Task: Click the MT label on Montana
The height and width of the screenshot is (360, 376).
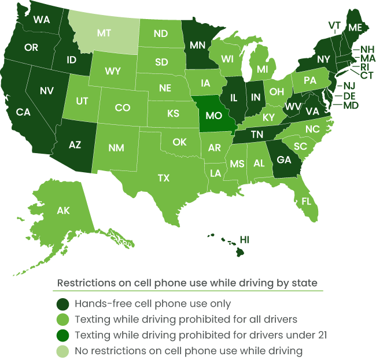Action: click(104, 33)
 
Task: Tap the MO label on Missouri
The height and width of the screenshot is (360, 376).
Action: click(214, 116)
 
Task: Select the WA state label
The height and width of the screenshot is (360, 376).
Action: click(42, 20)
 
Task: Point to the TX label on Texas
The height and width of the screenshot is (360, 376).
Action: click(164, 178)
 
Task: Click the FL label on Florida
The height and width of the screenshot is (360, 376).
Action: click(306, 202)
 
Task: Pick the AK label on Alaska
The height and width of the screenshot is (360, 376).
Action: click(63, 211)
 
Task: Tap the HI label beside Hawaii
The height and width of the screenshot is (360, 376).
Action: click(245, 239)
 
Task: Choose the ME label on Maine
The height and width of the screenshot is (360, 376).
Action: click(354, 27)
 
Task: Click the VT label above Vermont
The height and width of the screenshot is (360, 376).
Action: click(334, 25)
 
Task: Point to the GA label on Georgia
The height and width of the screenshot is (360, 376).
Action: click(284, 160)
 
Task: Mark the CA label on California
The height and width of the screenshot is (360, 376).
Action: click(23, 112)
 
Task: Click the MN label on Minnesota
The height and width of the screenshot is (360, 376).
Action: click(198, 45)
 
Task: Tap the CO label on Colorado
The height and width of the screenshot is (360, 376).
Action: click(123, 107)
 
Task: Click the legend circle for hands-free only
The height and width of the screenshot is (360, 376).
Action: click(62, 304)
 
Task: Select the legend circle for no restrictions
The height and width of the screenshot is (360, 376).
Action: click(62, 351)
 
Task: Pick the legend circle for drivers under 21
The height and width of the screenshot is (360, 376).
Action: click(62, 335)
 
